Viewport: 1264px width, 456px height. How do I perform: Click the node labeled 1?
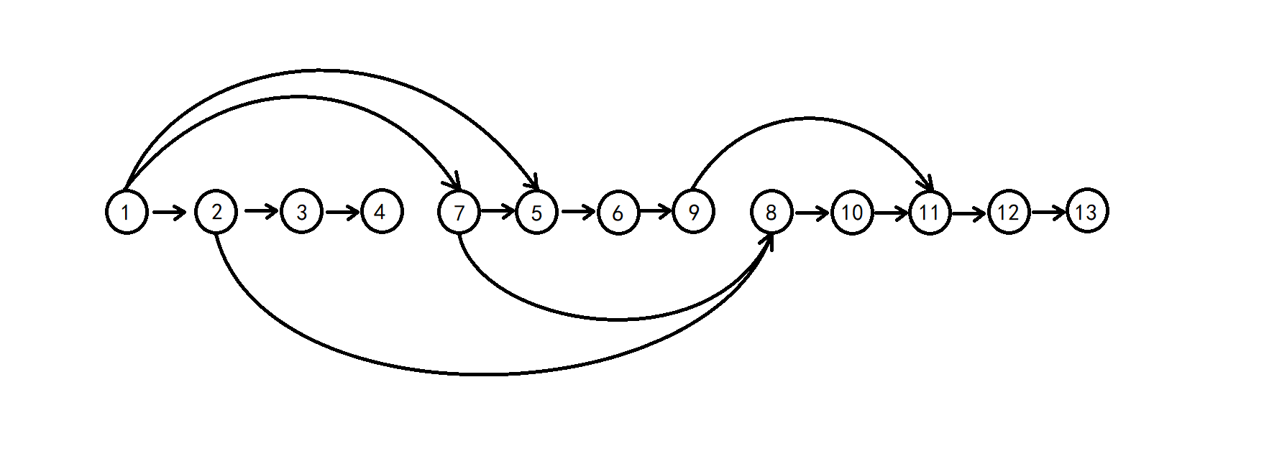[127, 212]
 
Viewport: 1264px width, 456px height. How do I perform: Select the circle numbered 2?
[216, 212]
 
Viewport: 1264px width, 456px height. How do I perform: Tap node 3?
[301, 212]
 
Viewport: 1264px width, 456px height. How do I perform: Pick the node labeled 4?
[382, 212]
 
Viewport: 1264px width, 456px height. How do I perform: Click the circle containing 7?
[459, 212]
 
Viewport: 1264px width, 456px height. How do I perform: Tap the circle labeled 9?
[694, 212]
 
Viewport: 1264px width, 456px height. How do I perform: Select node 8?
[771, 212]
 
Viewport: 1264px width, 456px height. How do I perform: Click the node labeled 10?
[852, 212]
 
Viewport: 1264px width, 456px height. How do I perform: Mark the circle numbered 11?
[929, 212]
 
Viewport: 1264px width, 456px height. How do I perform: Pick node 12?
[1009, 212]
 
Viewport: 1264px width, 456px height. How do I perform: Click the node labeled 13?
[1087, 212]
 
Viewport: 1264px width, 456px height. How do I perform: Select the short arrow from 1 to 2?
[170, 212]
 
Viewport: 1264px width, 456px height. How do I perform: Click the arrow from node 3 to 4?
[342, 212]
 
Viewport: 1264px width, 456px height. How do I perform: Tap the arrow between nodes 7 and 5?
[498, 211]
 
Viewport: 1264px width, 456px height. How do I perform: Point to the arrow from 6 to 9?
[655, 211]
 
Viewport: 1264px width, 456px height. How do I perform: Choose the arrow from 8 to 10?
[811, 213]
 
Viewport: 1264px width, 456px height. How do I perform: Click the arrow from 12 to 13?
[1048, 213]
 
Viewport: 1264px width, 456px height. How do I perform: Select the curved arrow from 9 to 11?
[810, 118]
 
